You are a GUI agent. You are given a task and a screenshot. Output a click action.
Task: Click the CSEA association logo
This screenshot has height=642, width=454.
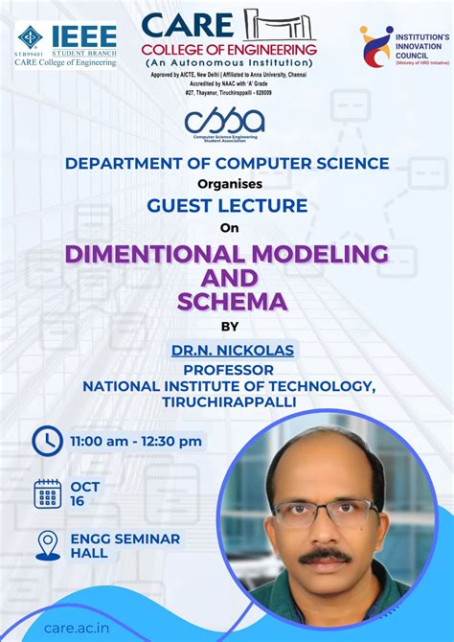click(226, 122)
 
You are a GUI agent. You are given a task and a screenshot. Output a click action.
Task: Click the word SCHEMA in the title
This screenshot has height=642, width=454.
click(232, 302)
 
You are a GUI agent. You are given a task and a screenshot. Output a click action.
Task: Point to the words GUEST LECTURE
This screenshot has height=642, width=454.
click(227, 205)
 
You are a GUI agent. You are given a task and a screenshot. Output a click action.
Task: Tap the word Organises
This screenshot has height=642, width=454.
click(227, 183)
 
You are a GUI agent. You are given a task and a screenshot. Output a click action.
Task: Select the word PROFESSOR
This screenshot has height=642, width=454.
click(229, 369)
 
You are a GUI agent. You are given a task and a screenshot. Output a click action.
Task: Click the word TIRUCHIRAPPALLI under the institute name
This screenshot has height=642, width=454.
click(229, 402)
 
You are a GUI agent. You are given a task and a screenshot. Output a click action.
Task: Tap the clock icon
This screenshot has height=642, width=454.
click(47, 441)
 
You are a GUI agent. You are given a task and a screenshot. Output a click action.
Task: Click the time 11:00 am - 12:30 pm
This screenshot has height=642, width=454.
click(136, 441)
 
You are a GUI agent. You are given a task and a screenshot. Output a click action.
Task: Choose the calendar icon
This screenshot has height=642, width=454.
click(47, 493)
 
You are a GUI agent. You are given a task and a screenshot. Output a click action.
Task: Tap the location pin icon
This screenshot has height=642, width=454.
click(47, 545)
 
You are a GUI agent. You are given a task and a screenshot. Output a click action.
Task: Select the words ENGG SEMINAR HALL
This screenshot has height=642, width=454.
click(111, 546)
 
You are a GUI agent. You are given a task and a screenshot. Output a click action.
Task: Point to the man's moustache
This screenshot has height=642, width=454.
click(324, 554)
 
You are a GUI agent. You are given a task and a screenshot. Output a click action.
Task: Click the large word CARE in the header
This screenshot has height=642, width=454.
click(187, 24)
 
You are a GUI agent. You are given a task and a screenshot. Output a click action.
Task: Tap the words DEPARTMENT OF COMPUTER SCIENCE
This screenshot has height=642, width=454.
click(227, 163)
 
